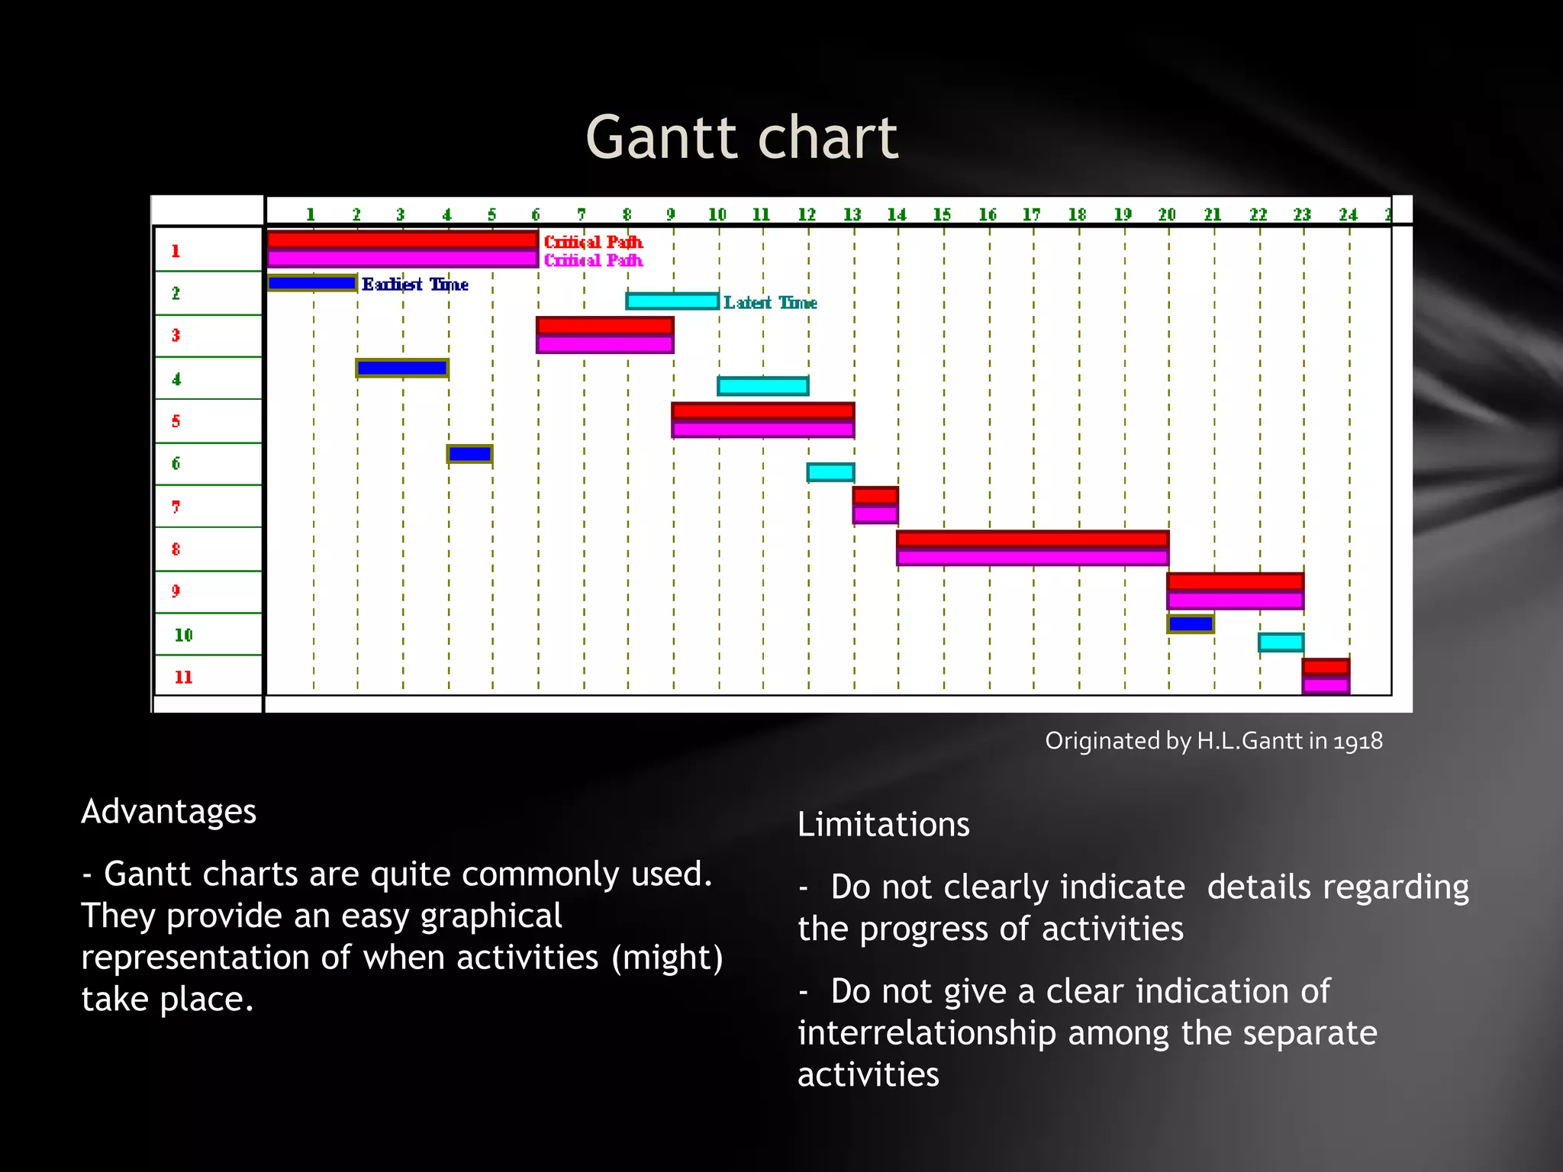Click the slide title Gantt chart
coord(742,138)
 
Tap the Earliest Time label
coord(414,285)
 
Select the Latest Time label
coord(770,303)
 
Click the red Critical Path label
coord(593,242)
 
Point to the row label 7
coord(176,507)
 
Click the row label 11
coord(183,677)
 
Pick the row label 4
coord(176,379)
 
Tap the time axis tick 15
coord(943,214)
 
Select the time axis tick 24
coord(1348,214)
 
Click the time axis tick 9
coord(671,214)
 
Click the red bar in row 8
coord(1032,539)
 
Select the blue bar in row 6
coord(469,455)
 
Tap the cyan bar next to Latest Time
coord(672,301)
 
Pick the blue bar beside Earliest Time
coord(311,283)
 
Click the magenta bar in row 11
coord(1326,684)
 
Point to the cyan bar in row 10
coord(1281,642)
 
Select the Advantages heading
coord(169,811)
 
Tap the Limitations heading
coord(883,825)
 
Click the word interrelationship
coord(927,1033)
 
